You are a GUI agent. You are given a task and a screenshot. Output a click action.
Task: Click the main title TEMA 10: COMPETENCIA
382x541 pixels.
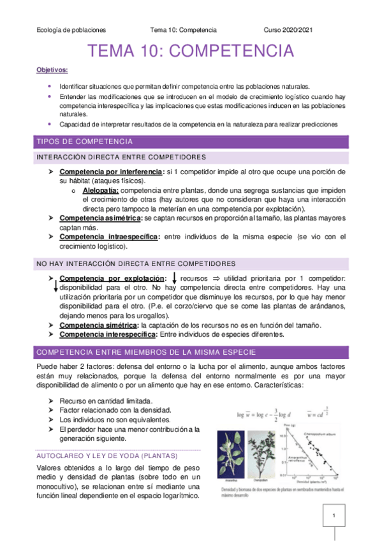[191, 50]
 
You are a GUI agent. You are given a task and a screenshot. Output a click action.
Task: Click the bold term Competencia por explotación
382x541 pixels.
[112, 279]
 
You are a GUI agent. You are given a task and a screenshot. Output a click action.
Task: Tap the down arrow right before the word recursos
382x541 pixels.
[174, 278]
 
